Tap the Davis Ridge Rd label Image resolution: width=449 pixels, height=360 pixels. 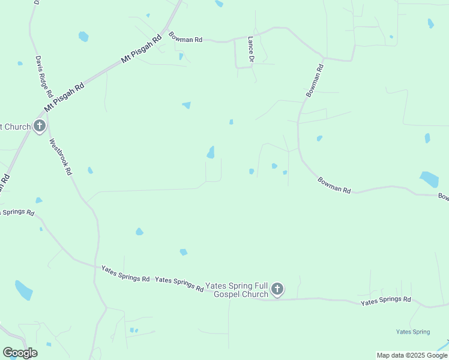pyautogui.click(x=44, y=77)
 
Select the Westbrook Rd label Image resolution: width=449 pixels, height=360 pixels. pyautogui.click(x=61, y=157)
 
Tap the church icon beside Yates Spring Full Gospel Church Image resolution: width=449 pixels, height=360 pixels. pyautogui.click(x=277, y=290)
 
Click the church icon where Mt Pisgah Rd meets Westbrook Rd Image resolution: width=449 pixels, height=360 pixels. pyautogui.click(x=40, y=126)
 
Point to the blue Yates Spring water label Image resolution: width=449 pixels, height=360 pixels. pyautogui.click(x=413, y=332)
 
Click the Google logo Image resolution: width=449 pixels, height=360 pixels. pyautogui.click(x=20, y=353)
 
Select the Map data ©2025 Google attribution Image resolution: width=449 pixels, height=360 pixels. pyautogui.click(x=412, y=355)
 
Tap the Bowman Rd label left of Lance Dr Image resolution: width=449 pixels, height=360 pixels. pyautogui.click(x=185, y=37)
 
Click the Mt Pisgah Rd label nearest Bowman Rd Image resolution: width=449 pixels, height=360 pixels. pyautogui.click(x=142, y=48)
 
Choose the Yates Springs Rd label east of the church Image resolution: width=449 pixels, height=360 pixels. pyautogui.click(x=386, y=301)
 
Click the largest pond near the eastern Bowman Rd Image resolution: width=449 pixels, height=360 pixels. pyautogui.click(x=430, y=179)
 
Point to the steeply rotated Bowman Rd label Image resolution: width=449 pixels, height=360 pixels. pyautogui.click(x=316, y=81)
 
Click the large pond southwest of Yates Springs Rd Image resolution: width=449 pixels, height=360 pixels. pyautogui.click(x=24, y=290)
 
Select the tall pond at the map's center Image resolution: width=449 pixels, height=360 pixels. pyautogui.click(x=211, y=152)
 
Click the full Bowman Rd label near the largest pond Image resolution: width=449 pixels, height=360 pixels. pyautogui.click(x=334, y=185)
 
